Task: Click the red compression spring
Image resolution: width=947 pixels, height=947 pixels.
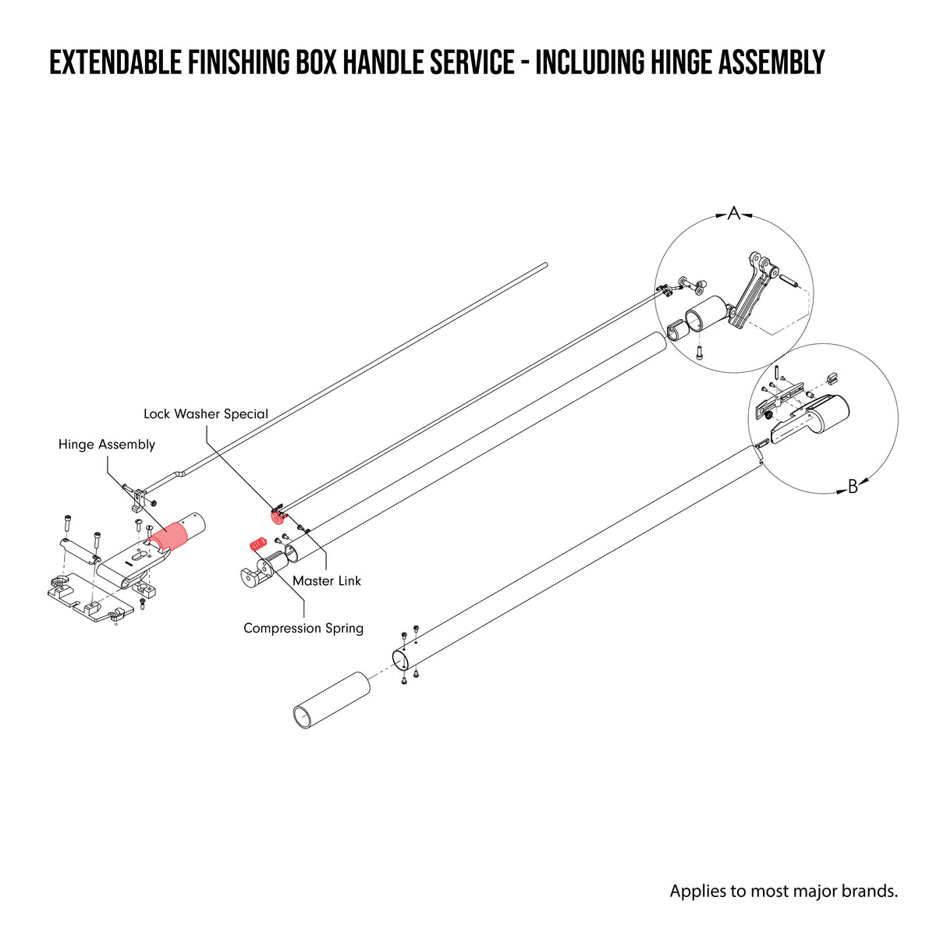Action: (x=257, y=544)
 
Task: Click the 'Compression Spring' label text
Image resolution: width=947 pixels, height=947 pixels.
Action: (x=303, y=628)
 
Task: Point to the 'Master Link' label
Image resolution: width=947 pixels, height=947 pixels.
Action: (x=327, y=581)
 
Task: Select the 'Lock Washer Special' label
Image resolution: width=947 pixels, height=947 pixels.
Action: (x=206, y=414)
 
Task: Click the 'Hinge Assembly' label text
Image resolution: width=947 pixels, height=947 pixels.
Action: (x=107, y=445)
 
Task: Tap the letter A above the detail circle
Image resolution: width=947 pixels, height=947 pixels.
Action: (x=733, y=213)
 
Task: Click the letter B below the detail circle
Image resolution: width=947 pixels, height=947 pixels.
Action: (x=853, y=488)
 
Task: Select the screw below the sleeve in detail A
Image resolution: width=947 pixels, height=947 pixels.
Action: (x=700, y=351)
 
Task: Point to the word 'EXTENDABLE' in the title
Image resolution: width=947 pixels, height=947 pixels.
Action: (x=116, y=62)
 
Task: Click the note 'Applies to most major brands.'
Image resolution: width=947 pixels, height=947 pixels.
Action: (x=783, y=891)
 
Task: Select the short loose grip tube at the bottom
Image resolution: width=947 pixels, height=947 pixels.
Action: (x=332, y=700)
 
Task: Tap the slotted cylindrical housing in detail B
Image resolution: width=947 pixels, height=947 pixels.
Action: (x=827, y=413)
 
